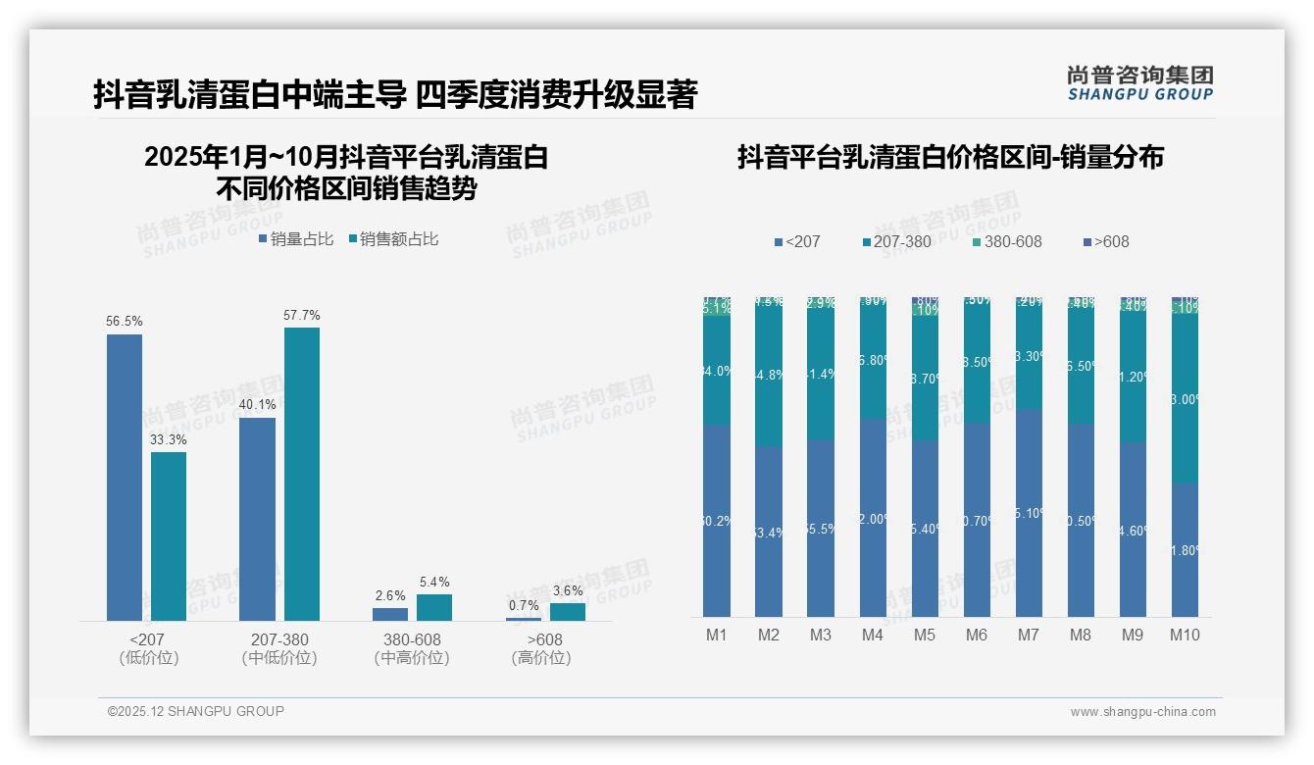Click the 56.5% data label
click(125, 322)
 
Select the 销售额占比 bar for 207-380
click(302, 474)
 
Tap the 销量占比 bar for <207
click(125, 478)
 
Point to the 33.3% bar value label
click(169, 439)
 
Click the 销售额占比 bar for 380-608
click(434, 607)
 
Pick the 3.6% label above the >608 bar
click(567, 590)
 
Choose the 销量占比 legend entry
click(296, 239)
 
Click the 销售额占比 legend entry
click(393, 239)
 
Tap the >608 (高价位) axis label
click(540, 648)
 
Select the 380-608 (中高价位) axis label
click(412, 648)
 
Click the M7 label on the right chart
click(1028, 635)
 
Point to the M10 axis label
click(1185, 635)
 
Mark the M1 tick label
click(717, 635)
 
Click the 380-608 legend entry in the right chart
click(1007, 241)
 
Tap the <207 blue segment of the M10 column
click(1185, 549)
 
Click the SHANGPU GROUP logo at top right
click(1139, 83)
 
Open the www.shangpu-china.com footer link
click(1142, 712)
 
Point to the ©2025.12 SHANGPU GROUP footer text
click(196, 711)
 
